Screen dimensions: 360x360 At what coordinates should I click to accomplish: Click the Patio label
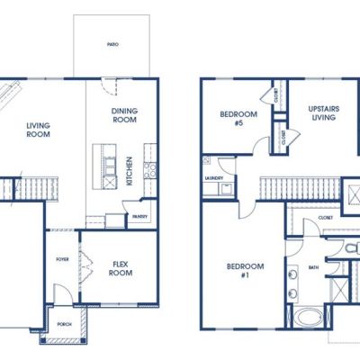[112, 44]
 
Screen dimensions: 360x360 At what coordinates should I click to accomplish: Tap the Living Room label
[38, 130]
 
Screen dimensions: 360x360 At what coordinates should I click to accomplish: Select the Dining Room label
[124, 115]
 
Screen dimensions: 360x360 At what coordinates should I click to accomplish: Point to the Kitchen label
[130, 171]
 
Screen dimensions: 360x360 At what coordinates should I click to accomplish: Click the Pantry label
[139, 216]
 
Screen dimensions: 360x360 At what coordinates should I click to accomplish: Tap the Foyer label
[62, 259]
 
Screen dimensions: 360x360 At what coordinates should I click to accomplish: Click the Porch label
[64, 324]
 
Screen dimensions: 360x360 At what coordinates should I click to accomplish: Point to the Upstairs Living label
[324, 112]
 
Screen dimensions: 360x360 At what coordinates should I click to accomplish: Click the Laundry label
[214, 178]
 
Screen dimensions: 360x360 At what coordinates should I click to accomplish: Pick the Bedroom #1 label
[246, 271]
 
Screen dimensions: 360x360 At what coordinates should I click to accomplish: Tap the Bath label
[314, 267]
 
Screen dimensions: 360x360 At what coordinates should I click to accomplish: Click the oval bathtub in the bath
[308, 319]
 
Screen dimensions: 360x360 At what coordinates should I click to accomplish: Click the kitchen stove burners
[149, 170]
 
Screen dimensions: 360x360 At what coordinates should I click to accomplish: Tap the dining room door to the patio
[108, 86]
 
